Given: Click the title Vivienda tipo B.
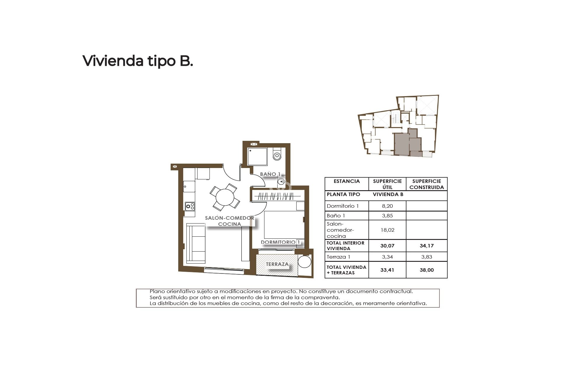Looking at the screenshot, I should [x=138, y=61].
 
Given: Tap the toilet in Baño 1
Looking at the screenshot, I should [x=277, y=155].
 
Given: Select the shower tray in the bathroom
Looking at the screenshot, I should [x=257, y=157].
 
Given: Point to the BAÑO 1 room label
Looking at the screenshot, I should [x=270, y=174].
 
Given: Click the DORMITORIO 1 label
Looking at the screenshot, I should [x=280, y=242].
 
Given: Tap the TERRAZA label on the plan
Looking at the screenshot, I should [x=277, y=264].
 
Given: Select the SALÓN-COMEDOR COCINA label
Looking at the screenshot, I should [x=230, y=221].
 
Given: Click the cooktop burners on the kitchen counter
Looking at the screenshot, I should [x=190, y=206].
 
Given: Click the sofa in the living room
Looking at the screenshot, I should [x=196, y=243].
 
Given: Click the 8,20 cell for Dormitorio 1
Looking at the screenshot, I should [x=387, y=206].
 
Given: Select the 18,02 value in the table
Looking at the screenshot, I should [x=387, y=230].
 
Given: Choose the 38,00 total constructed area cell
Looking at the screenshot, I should [x=426, y=270].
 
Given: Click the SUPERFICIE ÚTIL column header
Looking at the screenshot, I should [x=387, y=184].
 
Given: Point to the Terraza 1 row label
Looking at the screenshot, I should [x=338, y=257].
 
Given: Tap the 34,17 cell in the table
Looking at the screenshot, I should [x=426, y=246].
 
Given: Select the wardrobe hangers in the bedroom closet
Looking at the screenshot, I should [x=276, y=196].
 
